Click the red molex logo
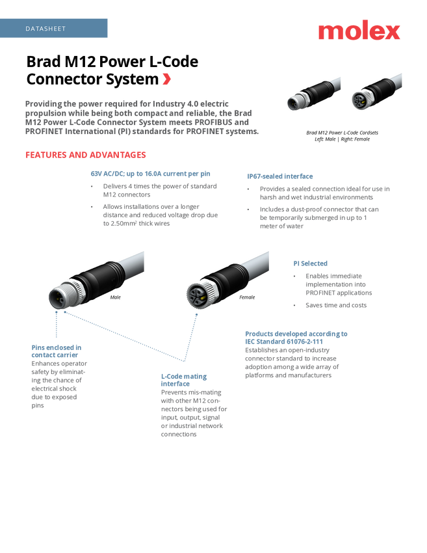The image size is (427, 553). tap(359, 30)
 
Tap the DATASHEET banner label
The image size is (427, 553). tap(45, 29)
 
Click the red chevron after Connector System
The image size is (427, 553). tap(167, 79)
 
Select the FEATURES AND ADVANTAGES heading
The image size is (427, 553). tap(86, 155)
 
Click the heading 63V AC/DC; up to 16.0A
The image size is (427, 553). tap(150, 174)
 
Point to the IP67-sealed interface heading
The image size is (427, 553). tap(279, 176)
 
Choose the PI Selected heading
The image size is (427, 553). tap(311, 263)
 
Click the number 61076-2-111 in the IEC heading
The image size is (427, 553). tap(305, 342)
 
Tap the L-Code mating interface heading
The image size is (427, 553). tap(184, 380)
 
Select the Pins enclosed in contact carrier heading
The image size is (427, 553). tap(57, 351)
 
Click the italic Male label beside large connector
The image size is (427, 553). tap(115, 297)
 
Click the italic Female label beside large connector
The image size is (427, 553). tap(247, 297)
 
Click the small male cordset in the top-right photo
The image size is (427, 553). tap(313, 94)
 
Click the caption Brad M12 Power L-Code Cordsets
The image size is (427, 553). tap(342, 133)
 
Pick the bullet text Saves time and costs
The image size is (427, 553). tap(336, 305)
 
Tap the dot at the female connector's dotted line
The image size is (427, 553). tap(196, 315)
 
